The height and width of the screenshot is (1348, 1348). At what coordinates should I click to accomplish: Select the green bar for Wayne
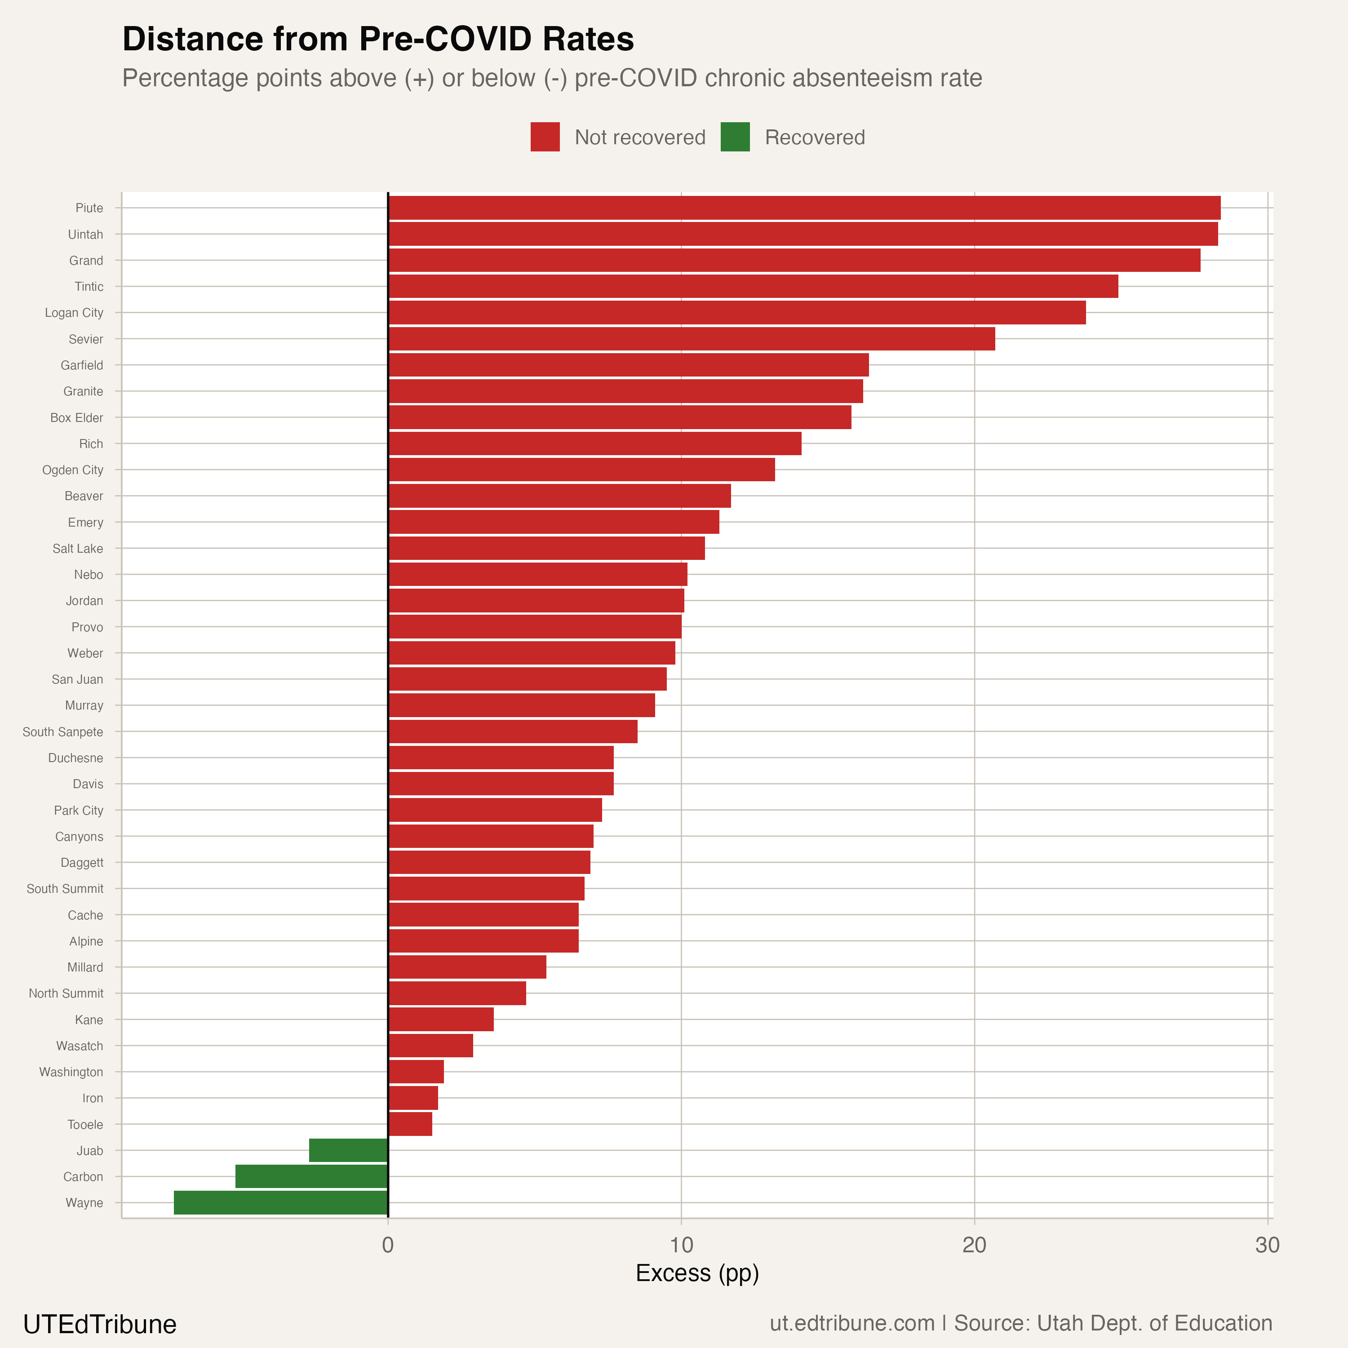280,1203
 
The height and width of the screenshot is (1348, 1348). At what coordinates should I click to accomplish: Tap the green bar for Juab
348,1151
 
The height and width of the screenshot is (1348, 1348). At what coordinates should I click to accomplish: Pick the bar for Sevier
691,339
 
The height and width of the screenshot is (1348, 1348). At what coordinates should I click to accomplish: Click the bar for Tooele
410,1124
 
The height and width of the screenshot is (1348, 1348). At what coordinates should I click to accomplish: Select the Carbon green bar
311,1176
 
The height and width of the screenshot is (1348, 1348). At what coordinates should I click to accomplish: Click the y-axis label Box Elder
77,418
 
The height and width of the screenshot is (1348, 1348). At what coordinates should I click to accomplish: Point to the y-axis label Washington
71,1072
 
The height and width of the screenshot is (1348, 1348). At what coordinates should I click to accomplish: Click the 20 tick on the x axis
974,1246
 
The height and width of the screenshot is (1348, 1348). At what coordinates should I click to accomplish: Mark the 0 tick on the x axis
388,1246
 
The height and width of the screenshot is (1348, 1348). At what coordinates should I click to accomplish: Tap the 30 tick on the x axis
1267,1246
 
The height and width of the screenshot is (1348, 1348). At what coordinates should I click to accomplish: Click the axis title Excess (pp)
697,1273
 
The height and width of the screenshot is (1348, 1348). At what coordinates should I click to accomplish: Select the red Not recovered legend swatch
545,137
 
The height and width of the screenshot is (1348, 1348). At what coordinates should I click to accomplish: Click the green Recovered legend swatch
735,137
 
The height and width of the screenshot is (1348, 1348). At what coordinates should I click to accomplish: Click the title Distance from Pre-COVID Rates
378,39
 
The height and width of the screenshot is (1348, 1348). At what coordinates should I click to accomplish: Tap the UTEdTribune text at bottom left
100,1324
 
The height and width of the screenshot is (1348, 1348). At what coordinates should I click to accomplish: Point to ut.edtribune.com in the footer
852,1324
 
